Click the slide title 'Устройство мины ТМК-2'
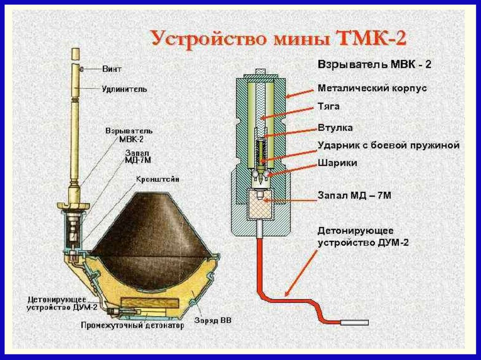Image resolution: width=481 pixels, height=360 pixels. tap(278, 38)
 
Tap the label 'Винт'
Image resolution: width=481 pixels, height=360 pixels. tap(112, 69)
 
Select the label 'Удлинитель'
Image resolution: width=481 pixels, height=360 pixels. tap(124, 88)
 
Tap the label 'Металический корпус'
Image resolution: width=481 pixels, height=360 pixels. tap(372, 88)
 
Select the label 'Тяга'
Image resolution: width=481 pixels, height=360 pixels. tap(328, 107)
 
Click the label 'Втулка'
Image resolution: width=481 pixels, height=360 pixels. tap(335, 127)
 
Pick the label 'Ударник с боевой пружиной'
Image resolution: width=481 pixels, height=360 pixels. tap(388, 146)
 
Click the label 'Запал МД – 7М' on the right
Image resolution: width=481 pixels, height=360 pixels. tap(354, 194)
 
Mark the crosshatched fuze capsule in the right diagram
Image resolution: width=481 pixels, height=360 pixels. tap(259, 204)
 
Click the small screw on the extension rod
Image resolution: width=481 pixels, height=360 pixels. tap(81, 69)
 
